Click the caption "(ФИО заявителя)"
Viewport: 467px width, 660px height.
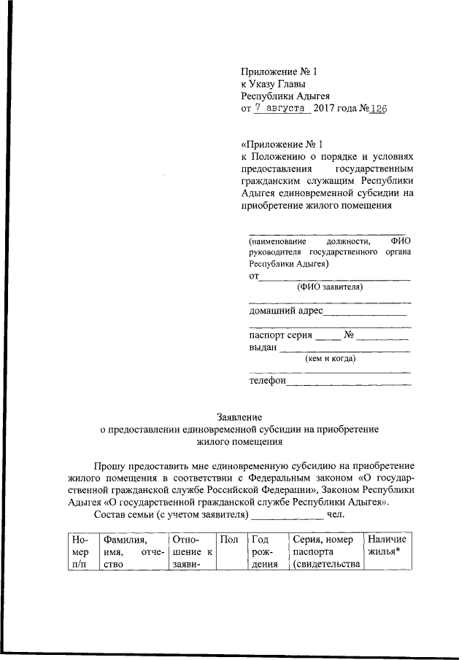pos(329,287)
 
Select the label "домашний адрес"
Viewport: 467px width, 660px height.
pos(285,311)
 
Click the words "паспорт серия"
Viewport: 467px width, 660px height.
pos(280,335)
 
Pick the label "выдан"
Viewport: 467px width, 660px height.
pos(263,348)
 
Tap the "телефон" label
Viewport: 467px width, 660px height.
pos(267,380)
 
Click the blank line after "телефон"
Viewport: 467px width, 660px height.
pos(349,382)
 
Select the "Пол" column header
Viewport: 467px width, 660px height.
pos(228,540)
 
